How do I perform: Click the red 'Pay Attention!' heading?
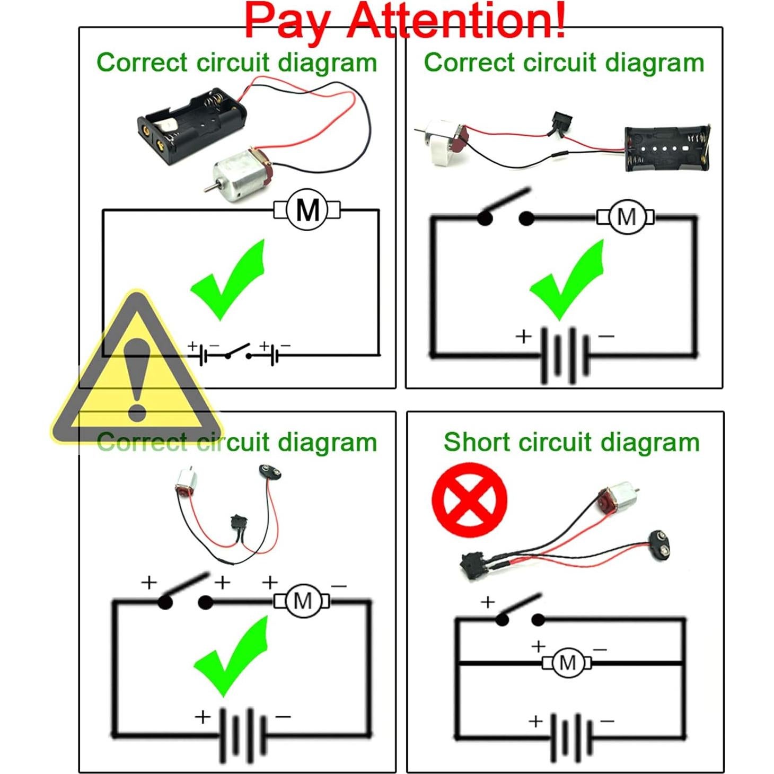[x=404, y=20]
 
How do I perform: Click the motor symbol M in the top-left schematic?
[x=307, y=210]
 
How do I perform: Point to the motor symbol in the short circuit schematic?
[x=567, y=663]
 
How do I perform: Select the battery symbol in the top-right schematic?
[x=565, y=355]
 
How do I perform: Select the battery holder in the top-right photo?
[x=666, y=148]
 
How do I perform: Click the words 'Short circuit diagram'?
[x=571, y=442]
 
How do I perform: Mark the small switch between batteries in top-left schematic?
[x=238, y=352]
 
